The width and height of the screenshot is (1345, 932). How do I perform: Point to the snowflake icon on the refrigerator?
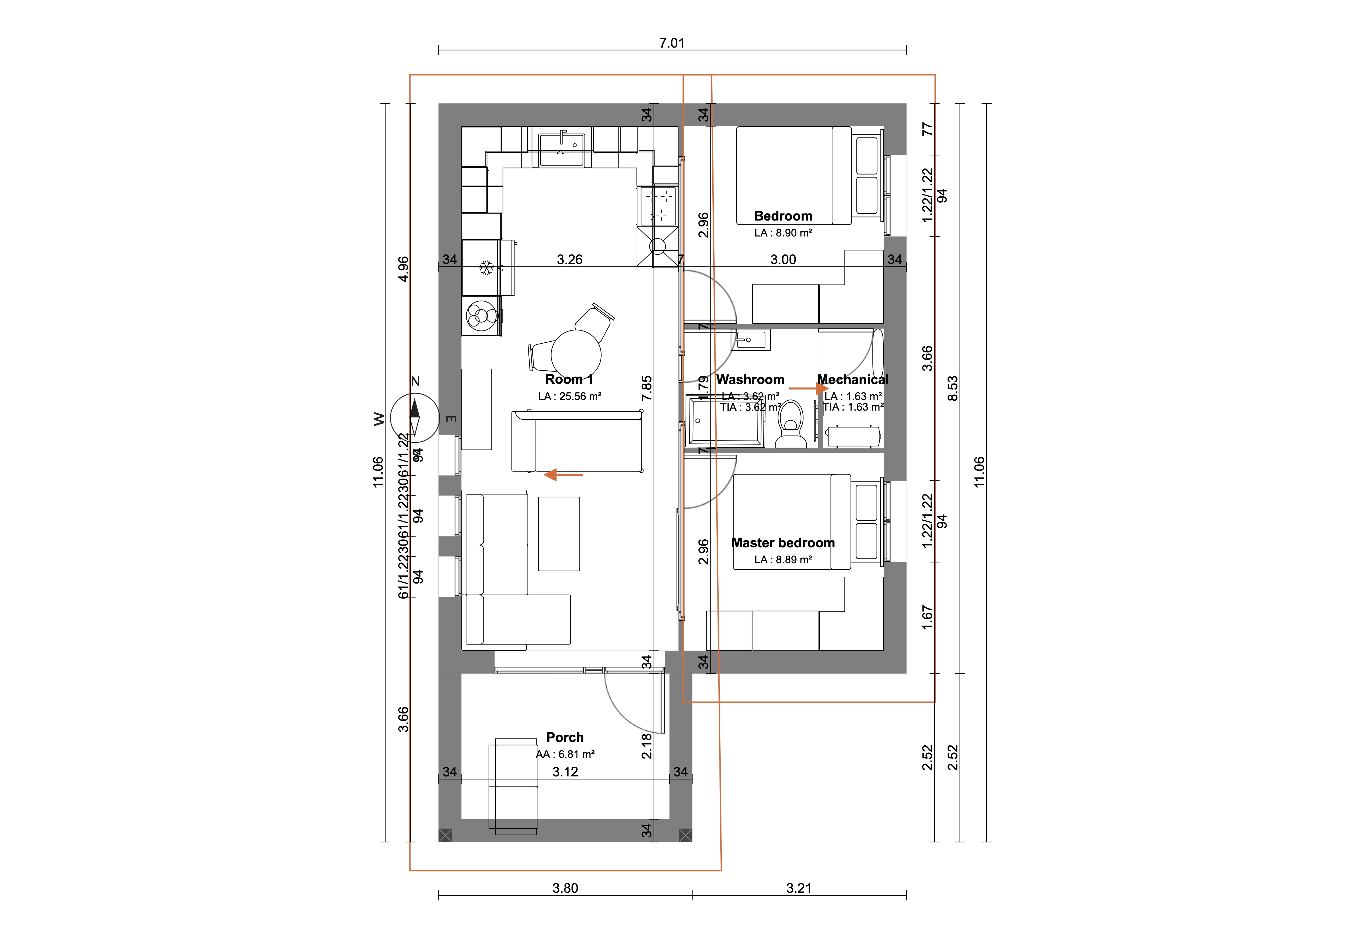click(486, 268)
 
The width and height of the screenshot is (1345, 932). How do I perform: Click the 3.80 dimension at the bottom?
click(565, 888)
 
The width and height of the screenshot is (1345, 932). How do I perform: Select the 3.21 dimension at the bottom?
click(799, 888)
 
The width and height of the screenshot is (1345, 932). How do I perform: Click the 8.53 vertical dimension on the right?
click(952, 388)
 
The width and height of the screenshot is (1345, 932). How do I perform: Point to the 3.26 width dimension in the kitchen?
click(569, 259)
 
